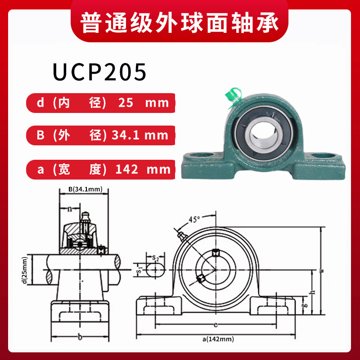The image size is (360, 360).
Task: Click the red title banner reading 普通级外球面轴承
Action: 180,21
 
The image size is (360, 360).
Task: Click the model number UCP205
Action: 99,72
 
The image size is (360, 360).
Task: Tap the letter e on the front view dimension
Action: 216,324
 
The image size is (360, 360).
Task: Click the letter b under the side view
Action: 80,337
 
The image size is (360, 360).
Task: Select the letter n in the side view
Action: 69,209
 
